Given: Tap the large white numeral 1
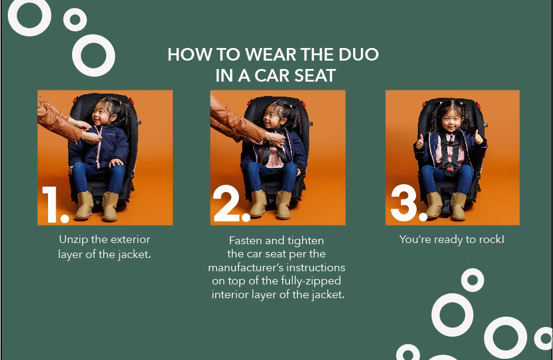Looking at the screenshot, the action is (x=51, y=205).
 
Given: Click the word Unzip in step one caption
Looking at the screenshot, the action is (x=74, y=239).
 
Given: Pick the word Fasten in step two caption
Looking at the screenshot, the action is (x=246, y=241).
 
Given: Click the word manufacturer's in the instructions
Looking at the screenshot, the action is (x=246, y=268).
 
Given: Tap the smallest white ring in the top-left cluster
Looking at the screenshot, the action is (x=75, y=19).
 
